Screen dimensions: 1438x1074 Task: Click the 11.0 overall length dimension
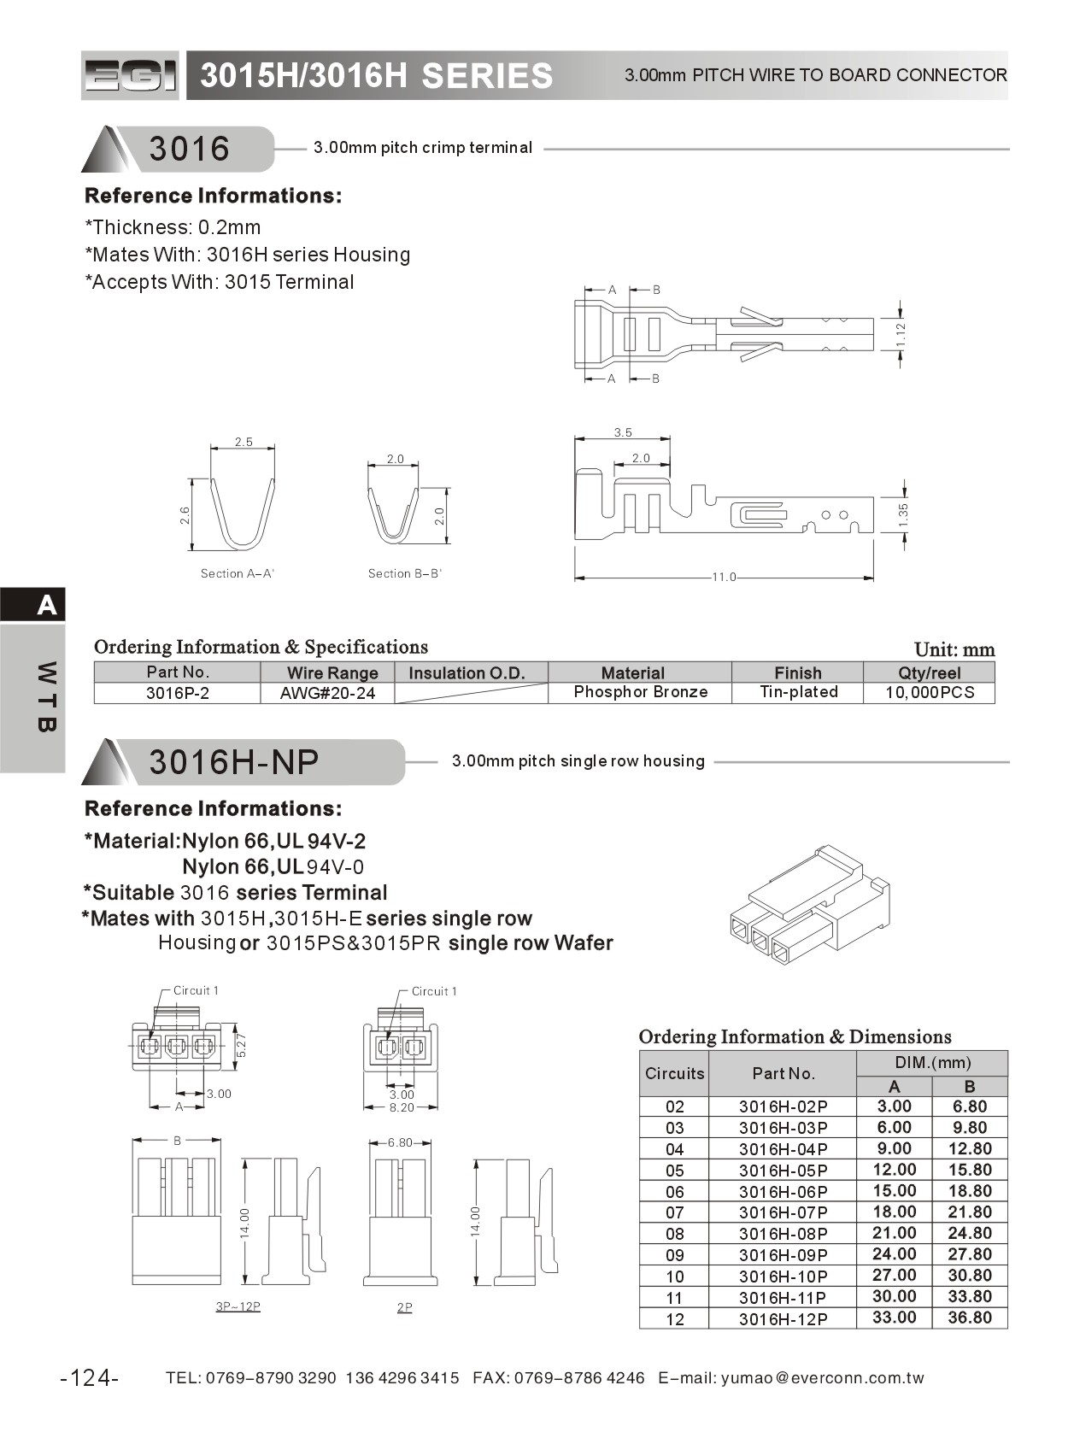click(724, 578)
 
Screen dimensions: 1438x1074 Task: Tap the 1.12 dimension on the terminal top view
click(901, 334)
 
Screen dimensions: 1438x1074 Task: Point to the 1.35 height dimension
click(903, 514)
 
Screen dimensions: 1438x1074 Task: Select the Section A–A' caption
click(237, 573)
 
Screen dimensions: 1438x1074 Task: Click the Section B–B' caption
click(404, 573)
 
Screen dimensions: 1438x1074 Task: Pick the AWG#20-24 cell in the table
click(327, 693)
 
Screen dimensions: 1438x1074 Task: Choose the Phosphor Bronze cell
click(640, 692)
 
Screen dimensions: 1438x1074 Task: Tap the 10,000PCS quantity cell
click(929, 692)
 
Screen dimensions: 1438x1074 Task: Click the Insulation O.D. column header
click(467, 672)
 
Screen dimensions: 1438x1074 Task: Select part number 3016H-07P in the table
click(783, 1212)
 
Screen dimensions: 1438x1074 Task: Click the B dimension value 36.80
click(970, 1318)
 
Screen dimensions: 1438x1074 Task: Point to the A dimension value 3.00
click(894, 1106)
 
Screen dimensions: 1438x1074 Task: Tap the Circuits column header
click(674, 1074)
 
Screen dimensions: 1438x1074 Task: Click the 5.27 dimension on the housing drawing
click(241, 1046)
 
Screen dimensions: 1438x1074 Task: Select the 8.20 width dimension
click(402, 1107)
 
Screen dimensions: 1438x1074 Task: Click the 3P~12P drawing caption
click(238, 1306)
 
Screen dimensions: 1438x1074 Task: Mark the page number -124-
click(90, 1377)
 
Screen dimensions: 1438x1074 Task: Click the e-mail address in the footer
click(822, 1377)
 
